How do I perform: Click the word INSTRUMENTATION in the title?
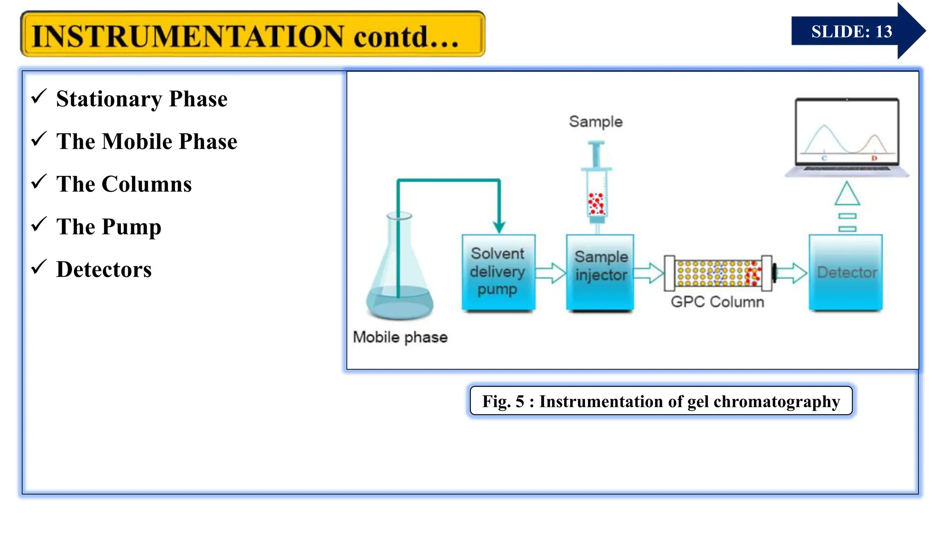coord(187,36)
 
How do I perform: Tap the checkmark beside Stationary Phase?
coord(39,96)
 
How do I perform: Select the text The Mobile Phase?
coord(146,141)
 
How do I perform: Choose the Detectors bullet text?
coord(104,269)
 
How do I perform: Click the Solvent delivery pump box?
coord(498,272)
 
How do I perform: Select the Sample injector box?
coord(600,272)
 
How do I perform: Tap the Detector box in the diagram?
coord(846,272)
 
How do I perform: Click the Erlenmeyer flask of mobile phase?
coord(399,278)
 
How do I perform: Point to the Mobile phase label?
coord(400,337)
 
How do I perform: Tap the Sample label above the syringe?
coord(596,122)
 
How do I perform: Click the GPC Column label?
coord(717,302)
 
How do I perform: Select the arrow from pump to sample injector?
coord(551,273)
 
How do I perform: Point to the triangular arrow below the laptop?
coord(847,194)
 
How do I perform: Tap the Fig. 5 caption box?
coord(661,401)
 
